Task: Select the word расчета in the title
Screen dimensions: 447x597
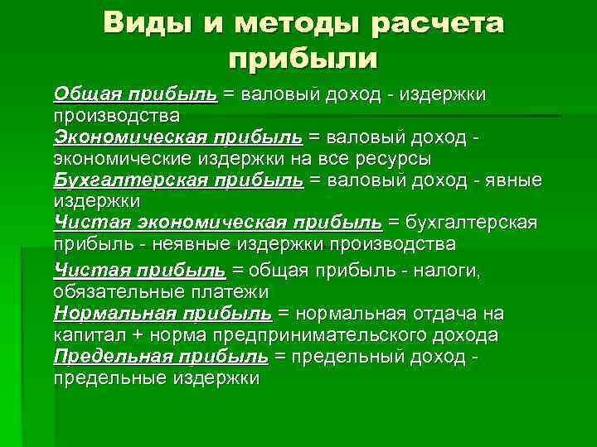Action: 437,24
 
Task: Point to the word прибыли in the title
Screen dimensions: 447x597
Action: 301,60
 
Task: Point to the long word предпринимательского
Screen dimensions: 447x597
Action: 323,336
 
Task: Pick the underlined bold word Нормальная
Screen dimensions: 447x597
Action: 113,315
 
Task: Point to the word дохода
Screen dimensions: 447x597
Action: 468,336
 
